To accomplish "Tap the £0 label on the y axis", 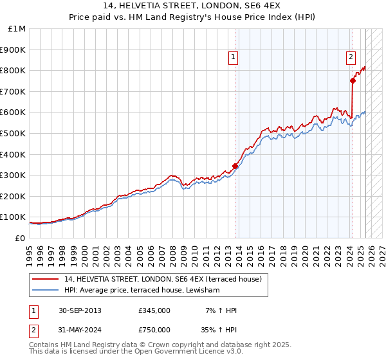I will [x=20, y=238].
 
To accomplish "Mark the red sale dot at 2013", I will [x=235, y=166].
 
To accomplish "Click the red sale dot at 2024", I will [x=353, y=80].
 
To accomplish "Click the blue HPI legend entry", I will [x=142, y=291].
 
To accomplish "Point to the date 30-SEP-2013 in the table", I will [x=80, y=310].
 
